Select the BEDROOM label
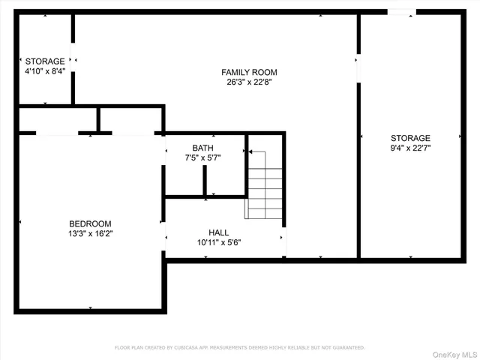coord(90,223)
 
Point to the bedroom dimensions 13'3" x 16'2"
coord(90,234)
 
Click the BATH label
coord(202,148)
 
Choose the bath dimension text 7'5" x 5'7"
coord(202,157)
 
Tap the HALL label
coord(219,232)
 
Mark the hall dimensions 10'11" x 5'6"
coord(219,242)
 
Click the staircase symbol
coord(265,184)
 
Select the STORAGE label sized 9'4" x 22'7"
coord(410,138)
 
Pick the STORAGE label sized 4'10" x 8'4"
coord(45,61)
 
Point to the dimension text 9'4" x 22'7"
coord(410,148)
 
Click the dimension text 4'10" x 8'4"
coord(45,72)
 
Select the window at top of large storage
coord(400,12)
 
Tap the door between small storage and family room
coord(73,58)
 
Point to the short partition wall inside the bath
coord(204,180)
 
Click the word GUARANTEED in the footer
coord(346,348)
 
